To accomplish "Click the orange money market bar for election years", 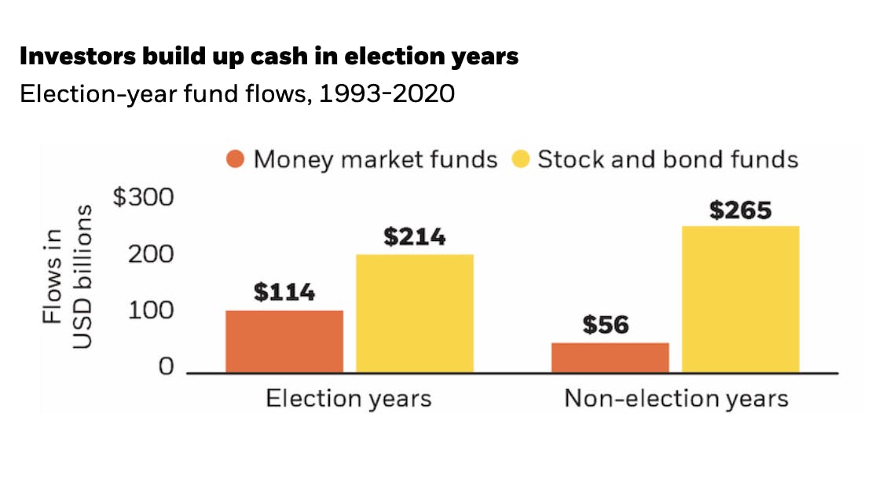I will pos(284,341).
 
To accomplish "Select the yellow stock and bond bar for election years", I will pos(415,313).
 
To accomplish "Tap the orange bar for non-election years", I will pos(610,357).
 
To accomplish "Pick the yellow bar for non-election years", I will pos(740,299).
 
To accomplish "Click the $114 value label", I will pos(284,294).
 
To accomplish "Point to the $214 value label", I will pos(414,237).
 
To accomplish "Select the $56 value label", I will pos(606,325).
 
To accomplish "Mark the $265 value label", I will pos(740,210).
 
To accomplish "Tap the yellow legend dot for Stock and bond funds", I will pos(520,159).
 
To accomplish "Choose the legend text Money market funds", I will pos(376,159).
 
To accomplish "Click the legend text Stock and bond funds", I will pos(668,159).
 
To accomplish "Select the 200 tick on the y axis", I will pos(152,255).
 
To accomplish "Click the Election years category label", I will pos(348,399).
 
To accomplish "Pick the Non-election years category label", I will pos(676,399).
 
